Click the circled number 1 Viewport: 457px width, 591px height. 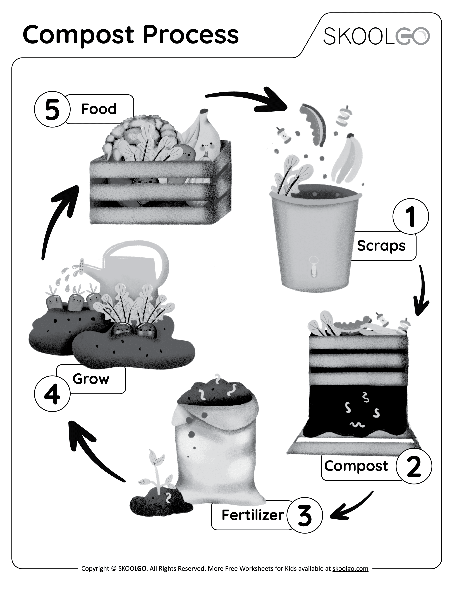click(x=410, y=217)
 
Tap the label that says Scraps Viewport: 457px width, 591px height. click(x=381, y=246)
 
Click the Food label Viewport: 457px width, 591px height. click(x=99, y=109)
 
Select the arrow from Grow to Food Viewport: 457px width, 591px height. click(x=58, y=219)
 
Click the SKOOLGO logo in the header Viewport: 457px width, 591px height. click(x=376, y=36)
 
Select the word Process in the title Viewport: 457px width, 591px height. click(x=191, y=35)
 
